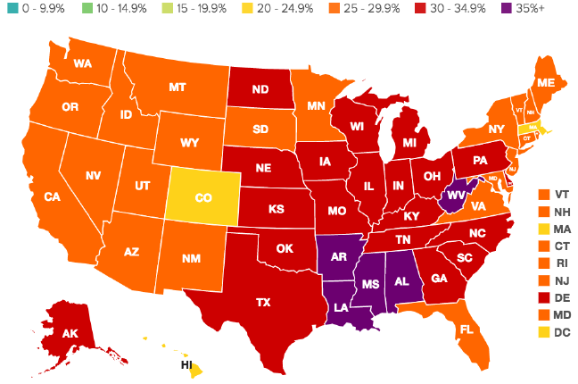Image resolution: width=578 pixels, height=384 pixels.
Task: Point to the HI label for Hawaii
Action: tap(186, 365)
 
